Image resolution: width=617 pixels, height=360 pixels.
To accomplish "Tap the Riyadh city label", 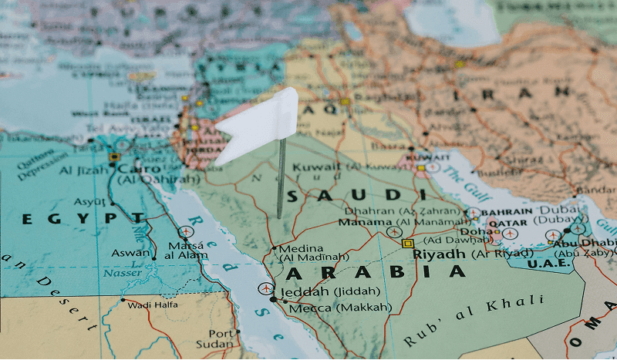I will point(438,254).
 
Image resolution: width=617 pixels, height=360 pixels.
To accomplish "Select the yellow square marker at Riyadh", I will point(407,243).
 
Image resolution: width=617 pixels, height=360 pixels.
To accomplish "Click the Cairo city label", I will point(139,168).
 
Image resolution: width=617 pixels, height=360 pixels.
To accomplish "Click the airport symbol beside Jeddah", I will point(265,288).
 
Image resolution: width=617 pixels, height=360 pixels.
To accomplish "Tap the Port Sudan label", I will point(220,338).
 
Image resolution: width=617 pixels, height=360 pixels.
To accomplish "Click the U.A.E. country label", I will point(549,264).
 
